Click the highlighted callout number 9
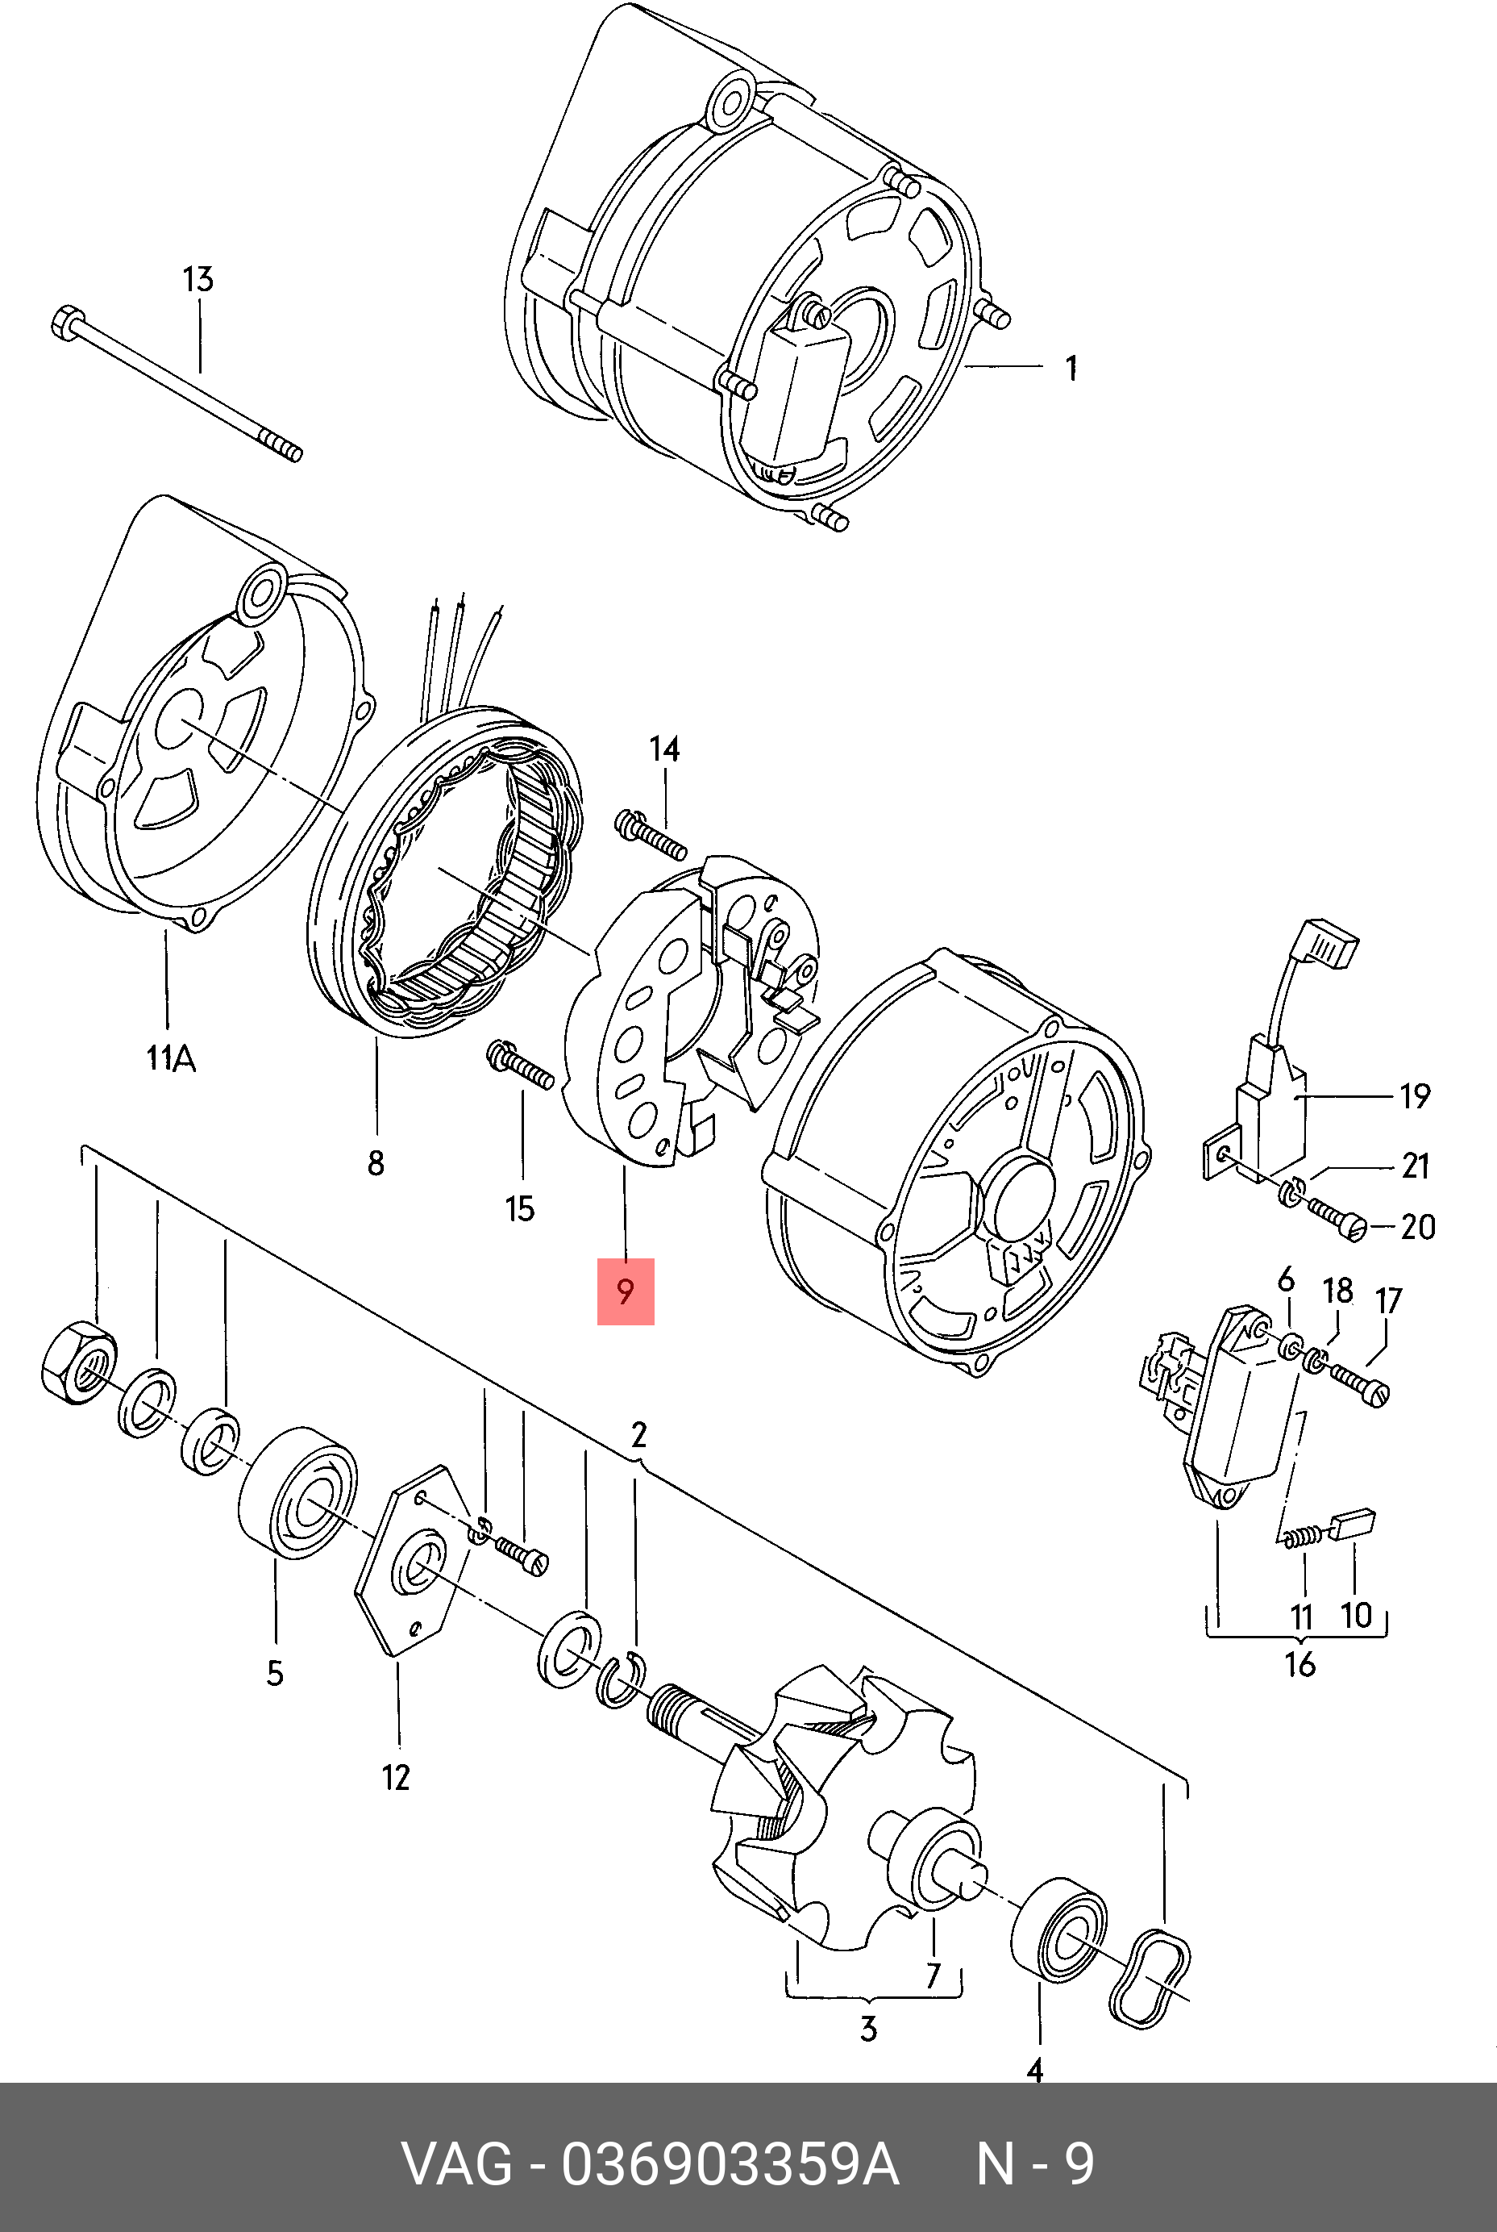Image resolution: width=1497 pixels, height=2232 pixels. click(x=626, y=1292)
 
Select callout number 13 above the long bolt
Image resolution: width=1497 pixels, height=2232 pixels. click(x=198, y=280)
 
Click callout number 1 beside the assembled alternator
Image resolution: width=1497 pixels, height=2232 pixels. click(x=1071, y=368)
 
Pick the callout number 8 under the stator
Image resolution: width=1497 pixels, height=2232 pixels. click(x=376, y=1162)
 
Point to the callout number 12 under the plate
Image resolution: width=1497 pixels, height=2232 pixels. click(x=395, y=1776)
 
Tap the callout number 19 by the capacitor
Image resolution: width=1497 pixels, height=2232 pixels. click(x=1415, y=1095)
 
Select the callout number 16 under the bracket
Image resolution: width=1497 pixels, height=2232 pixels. click(x=1300, y=1664)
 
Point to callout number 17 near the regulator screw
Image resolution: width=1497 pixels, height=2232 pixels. click(x=1388, y=1301)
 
